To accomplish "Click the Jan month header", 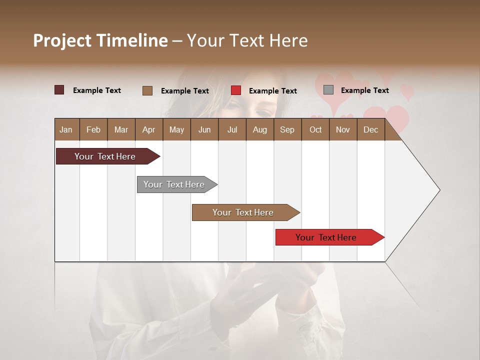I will point(66,129).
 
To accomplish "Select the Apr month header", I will point(148,129).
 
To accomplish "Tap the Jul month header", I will point(232,129).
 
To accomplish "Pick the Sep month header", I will point(287,129).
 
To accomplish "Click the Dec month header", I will point(370,129).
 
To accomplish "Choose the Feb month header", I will point(93,129).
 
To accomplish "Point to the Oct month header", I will point(315,129).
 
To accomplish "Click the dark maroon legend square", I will point(59,90).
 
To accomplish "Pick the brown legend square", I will point(147,90).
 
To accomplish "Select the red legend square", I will point(236,90).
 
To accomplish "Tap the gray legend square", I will point(328,90).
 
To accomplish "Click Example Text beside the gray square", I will point(364,90).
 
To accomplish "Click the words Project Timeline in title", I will point(100,40).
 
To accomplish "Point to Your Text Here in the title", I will point(247,40).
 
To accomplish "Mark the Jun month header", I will point(204,129).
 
